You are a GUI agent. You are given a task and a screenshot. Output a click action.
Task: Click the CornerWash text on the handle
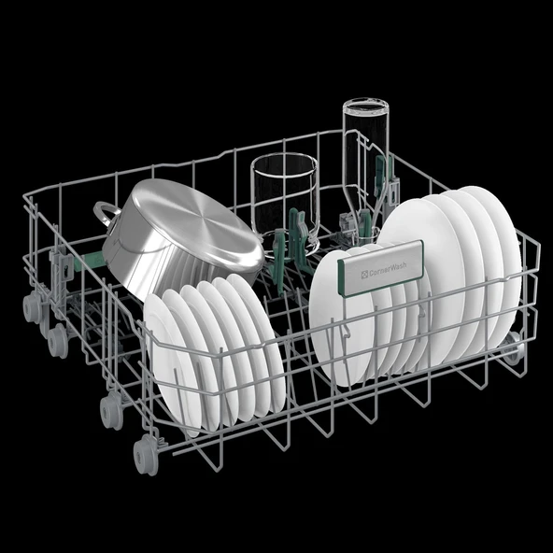coord(388,269)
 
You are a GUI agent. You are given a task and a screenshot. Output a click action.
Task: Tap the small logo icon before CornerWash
coord(364,274)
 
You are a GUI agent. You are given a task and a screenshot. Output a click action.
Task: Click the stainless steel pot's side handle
coord(106,213)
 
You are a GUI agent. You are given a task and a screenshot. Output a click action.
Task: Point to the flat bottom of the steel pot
coord(197,223)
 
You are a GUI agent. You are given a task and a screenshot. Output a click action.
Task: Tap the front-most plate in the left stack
coord(173,363)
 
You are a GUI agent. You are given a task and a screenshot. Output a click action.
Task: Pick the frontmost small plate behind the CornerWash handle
coord(338,318)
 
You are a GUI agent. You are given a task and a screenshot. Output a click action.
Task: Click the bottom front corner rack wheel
coord(145,454)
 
